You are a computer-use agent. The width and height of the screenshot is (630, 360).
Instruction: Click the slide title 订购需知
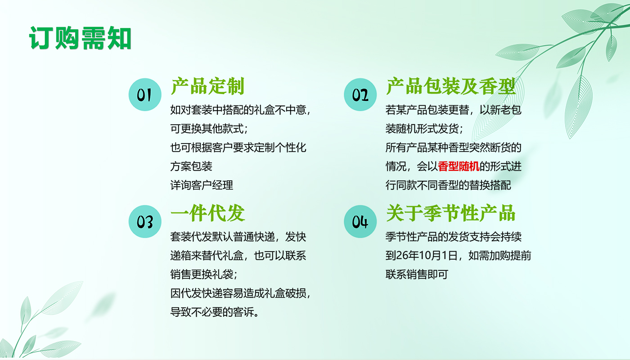point(80,38)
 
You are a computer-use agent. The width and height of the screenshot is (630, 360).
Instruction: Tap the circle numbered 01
point(145,94)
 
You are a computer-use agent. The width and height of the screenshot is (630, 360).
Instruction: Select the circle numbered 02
point(360,94)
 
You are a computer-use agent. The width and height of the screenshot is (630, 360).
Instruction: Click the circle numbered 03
point(145,221)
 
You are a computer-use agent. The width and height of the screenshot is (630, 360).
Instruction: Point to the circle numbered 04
point(360,221)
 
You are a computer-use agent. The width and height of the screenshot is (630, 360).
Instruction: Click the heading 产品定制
point(207,86)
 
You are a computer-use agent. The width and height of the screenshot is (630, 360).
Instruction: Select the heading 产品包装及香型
point(451,86)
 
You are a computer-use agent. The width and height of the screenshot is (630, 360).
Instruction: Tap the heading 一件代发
point(207,213)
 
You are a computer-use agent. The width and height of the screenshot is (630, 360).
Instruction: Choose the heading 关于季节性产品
point(451,213)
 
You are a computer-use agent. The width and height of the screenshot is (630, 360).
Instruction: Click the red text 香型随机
point(459,166)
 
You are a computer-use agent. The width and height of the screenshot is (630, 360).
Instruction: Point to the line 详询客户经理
point(202,185)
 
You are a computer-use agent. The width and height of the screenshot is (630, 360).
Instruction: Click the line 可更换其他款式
point(209,129)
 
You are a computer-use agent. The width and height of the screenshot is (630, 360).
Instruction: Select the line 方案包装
point(191,166)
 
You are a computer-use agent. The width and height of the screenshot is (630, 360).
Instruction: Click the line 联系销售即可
point(417,274)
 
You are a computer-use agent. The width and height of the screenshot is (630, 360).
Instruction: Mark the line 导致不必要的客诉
point(214,312)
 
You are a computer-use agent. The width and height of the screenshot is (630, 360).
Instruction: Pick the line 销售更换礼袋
point(203,274)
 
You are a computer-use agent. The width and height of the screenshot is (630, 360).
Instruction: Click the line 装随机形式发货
point(424,129)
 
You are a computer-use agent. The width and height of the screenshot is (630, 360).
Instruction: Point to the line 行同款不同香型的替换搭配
point(448,185)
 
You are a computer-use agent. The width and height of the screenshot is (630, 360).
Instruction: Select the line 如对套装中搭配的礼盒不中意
point(240,110)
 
